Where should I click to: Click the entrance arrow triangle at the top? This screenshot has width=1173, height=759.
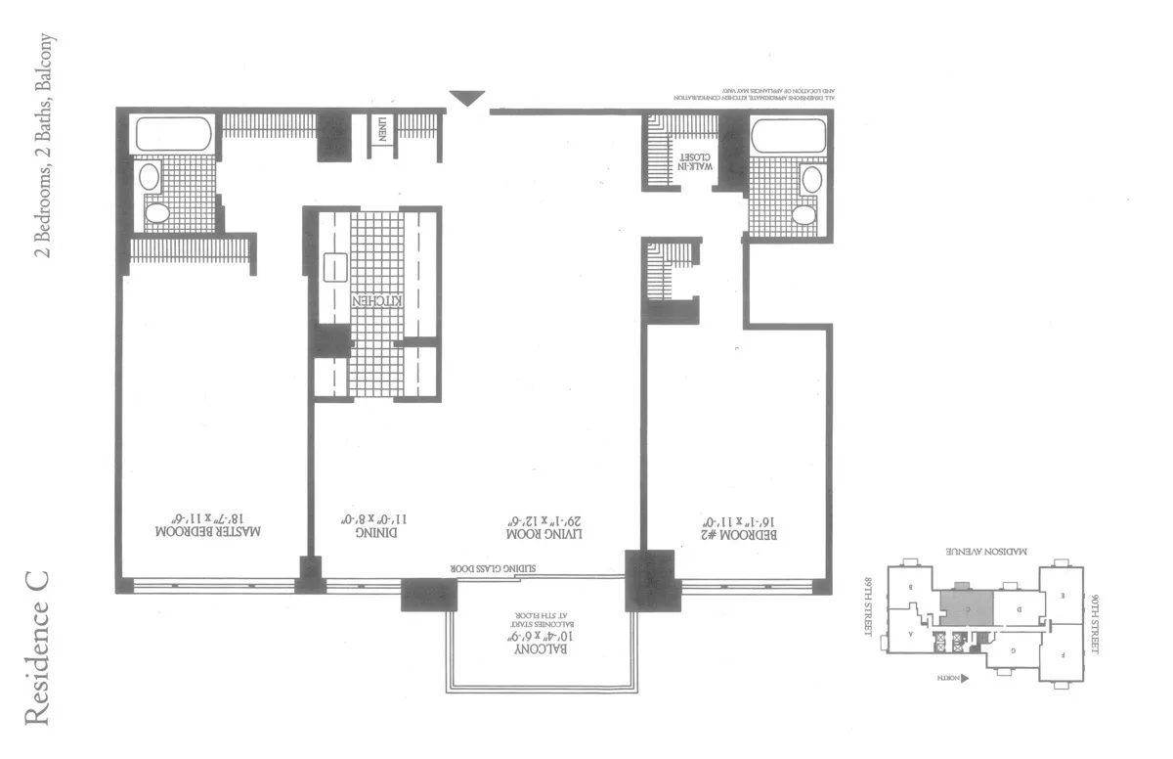(x=467, y=98)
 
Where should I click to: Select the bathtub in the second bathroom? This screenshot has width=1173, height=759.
(x=788, y=138)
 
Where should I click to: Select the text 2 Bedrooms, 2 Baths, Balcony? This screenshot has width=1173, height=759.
(x=43, y=147)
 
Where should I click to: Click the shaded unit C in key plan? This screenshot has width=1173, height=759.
(x=965, y=608)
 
